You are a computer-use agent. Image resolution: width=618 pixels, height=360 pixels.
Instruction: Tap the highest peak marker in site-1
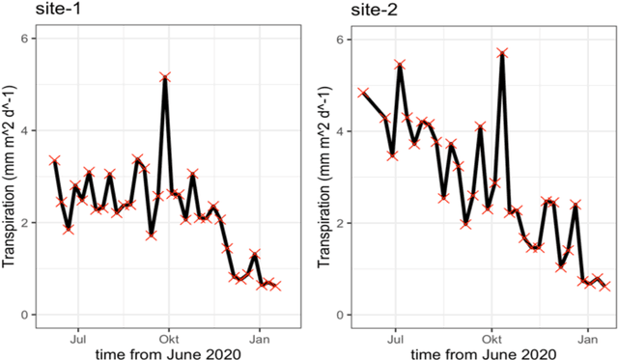coord(165,76)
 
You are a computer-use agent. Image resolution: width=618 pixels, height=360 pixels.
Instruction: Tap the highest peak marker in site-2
coord(502,53)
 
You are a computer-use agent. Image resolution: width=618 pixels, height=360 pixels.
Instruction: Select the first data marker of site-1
coord(55,160)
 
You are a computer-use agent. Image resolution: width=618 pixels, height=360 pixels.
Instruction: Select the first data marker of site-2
coord(363,93)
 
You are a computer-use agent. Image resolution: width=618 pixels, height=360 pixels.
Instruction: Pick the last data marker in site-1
coord(276,286)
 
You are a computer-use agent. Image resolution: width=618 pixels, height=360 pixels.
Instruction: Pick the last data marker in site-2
coord(605,287)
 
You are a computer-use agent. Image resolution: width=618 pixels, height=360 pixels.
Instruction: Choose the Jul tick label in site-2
coord(395,339)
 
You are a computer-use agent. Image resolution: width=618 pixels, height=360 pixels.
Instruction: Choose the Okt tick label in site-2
coord(492,339)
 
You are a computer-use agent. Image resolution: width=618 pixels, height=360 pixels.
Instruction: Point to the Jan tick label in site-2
coord(587,339)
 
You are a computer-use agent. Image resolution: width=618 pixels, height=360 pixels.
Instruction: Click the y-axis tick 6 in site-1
coord(29,39)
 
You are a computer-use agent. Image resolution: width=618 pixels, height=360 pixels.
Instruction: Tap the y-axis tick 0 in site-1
coord(29,315)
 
